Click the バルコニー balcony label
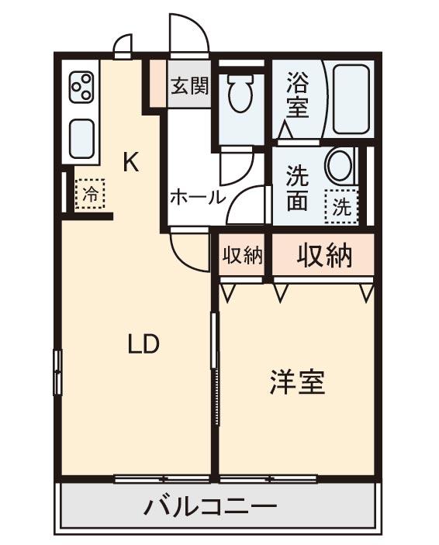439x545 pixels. coord(209,508)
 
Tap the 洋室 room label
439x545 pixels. coord(297,382)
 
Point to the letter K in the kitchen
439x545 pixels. coord(131,163)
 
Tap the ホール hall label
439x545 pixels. coord(197,197)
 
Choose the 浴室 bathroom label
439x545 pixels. coord(297,94)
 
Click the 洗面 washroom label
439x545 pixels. coord(297,188)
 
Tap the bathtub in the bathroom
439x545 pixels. coord(351,98)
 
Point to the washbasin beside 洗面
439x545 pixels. coord(339,165)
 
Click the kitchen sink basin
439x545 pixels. coord(82,139)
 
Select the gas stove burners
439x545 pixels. coord(82,87)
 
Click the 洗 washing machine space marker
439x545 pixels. coord(342,206)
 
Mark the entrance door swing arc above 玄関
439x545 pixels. coord(190,35)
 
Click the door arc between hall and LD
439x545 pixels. coord(190,252)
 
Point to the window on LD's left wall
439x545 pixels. coord(57,372)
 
